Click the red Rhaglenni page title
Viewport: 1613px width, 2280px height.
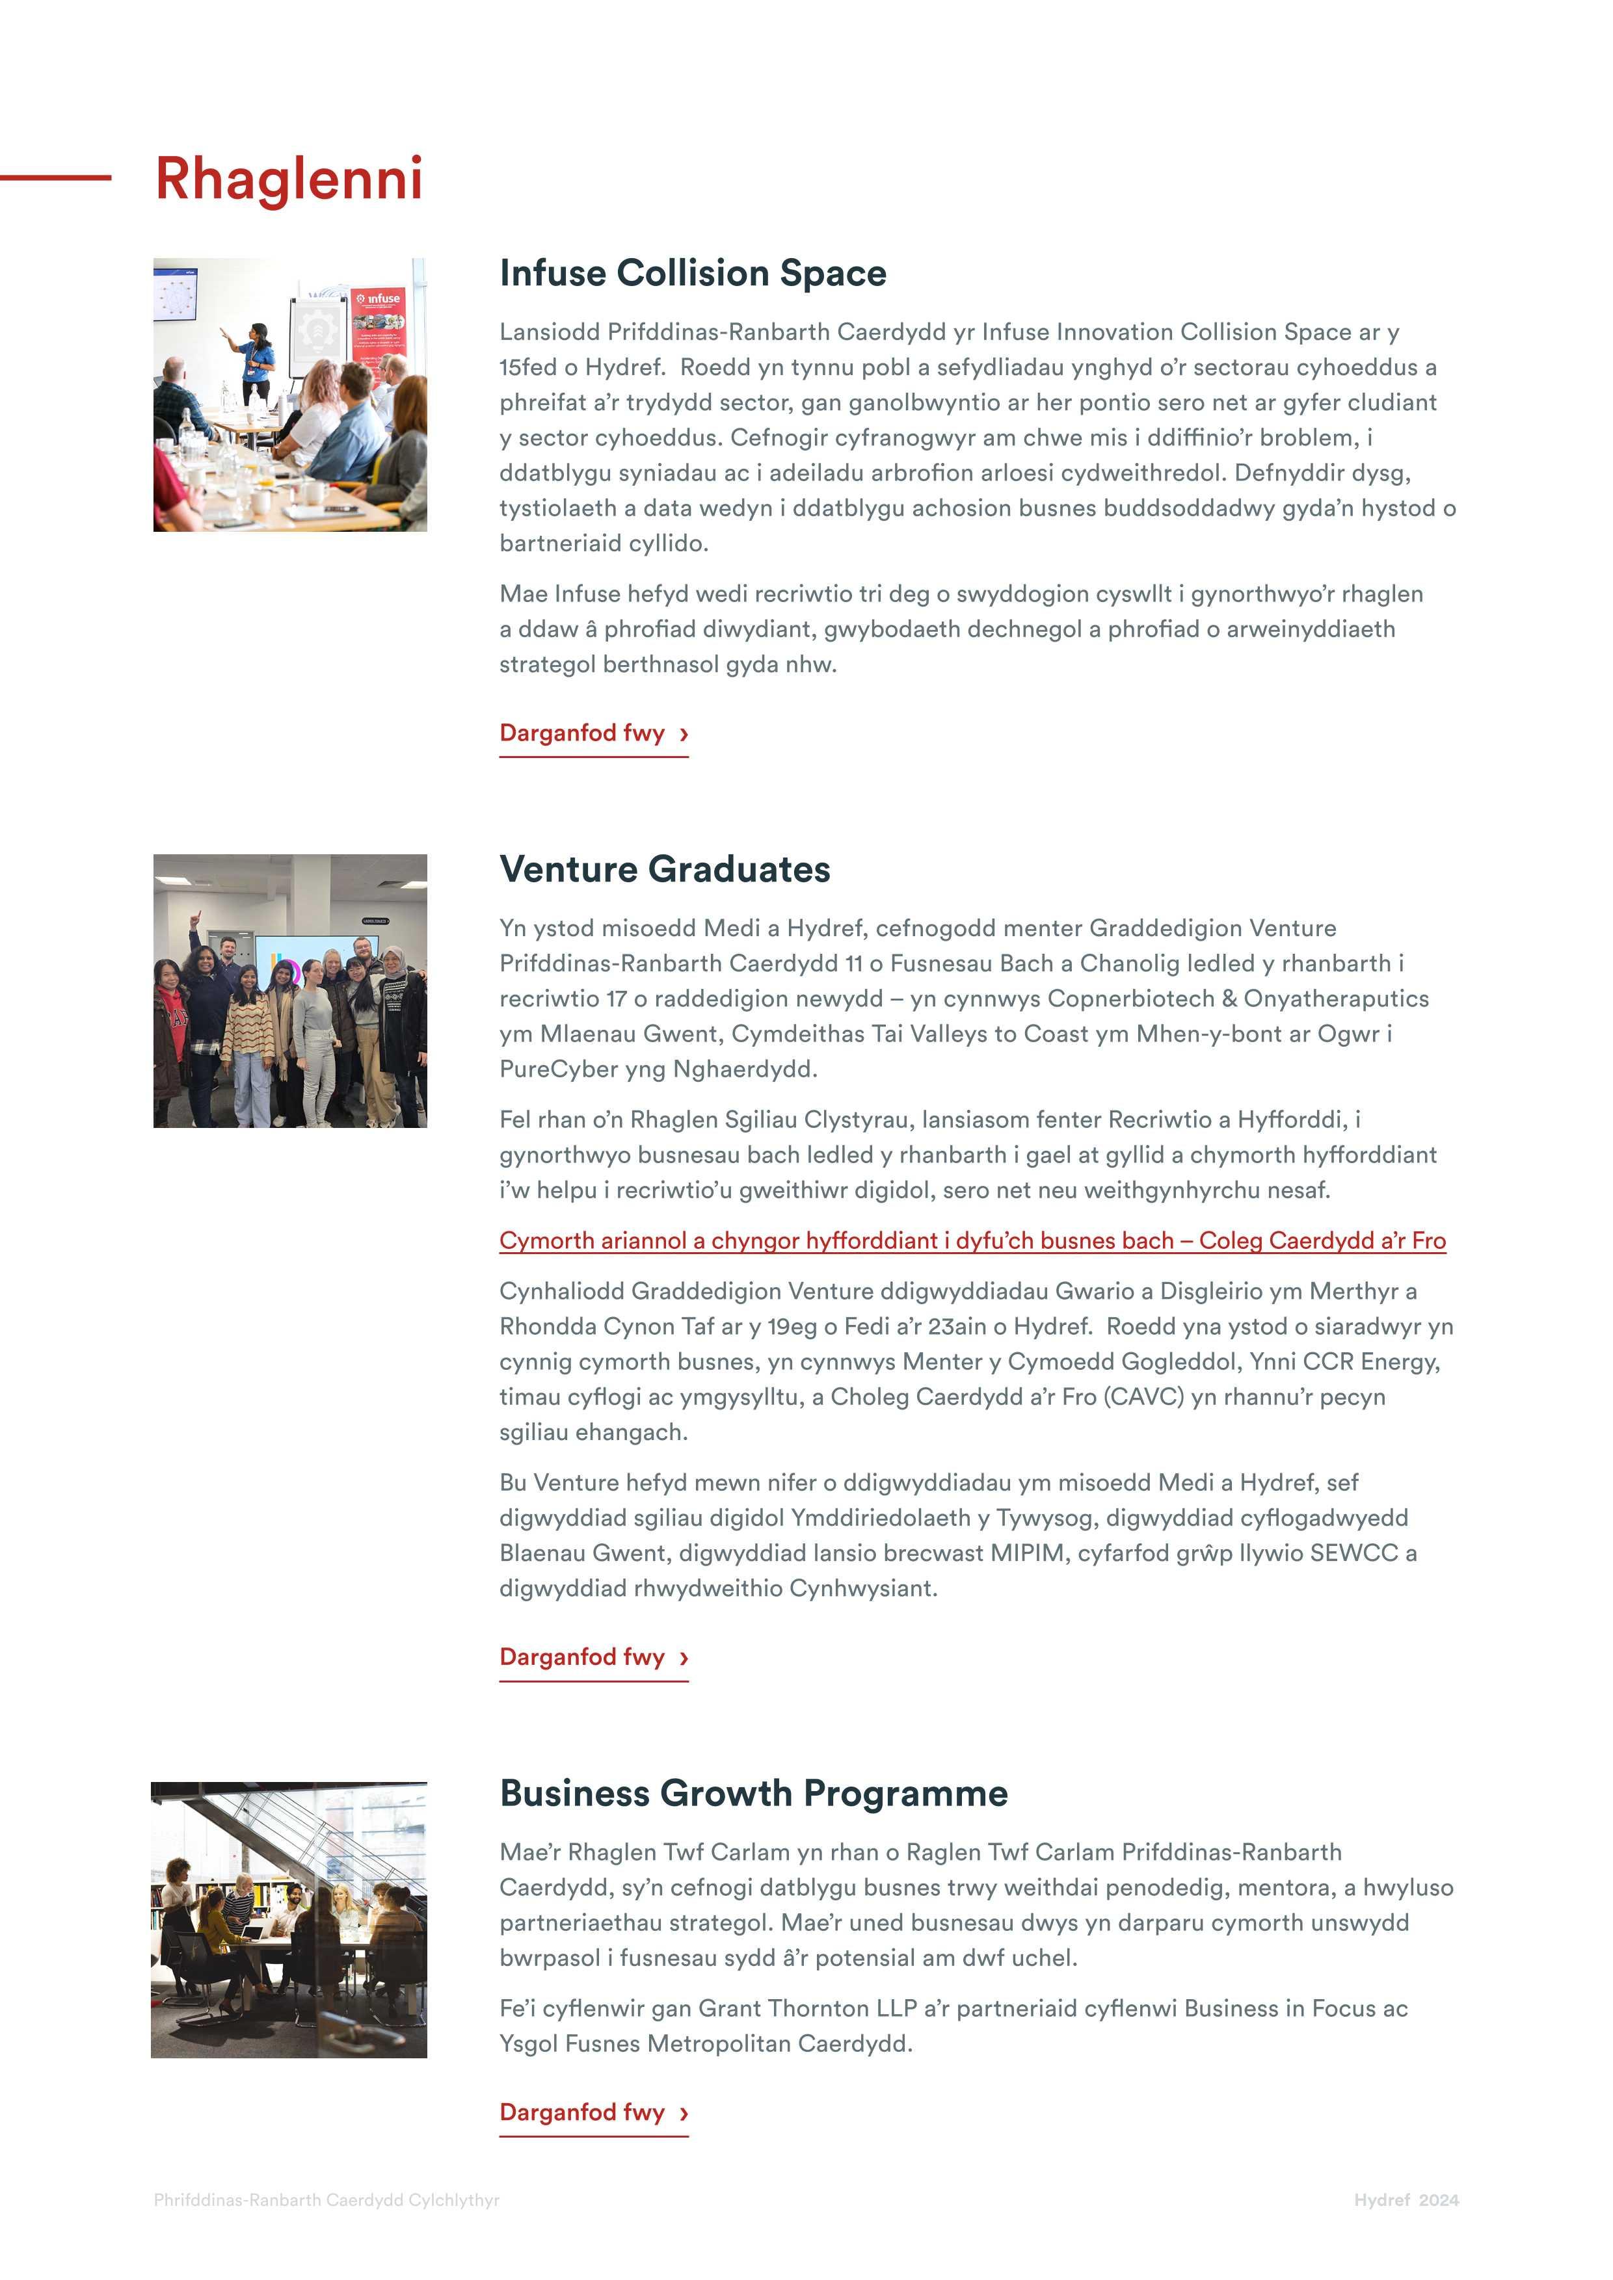tap(288, 179)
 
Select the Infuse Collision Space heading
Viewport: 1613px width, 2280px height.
tap(692, 273)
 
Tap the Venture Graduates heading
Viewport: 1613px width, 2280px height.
tap(665, 869)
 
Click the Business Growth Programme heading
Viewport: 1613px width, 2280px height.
tap(753, 1794)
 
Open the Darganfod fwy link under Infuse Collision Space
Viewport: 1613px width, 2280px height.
tap(593, 734)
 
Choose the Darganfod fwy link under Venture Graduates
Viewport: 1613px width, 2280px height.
tap(593, 1657)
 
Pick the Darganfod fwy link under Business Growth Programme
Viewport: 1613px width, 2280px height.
tap(593, 2112)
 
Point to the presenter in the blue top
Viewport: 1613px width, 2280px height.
tap(258, 358)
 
